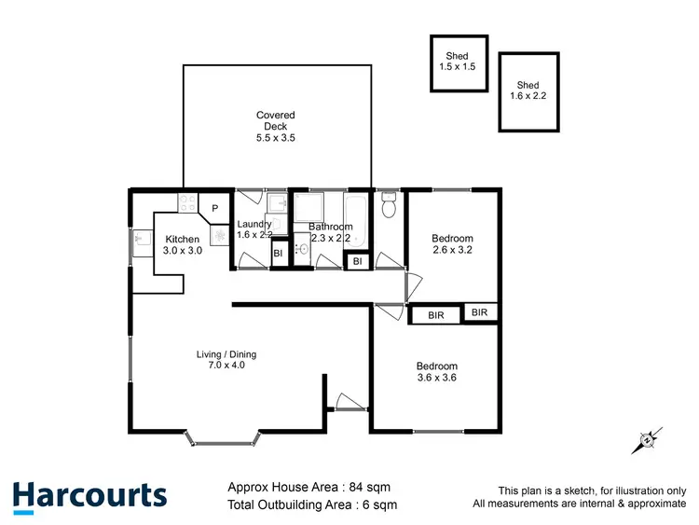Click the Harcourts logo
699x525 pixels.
[x=89, y=496]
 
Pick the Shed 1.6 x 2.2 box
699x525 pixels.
[x=529, y=90]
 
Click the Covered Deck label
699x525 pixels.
[x=276, y=126]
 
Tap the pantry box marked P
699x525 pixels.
[x=213, y=208]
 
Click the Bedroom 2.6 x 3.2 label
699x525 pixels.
[x=452, y=244]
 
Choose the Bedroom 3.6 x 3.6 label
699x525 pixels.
[x=437, y=372]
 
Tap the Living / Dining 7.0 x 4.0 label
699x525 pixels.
[x=226, y=360]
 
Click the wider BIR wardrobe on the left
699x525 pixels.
[x=436, y=316]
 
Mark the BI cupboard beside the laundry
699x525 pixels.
[x=278, y=254]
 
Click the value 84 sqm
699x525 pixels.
[x=368, y=486]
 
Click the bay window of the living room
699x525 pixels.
[x=223, y=436]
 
